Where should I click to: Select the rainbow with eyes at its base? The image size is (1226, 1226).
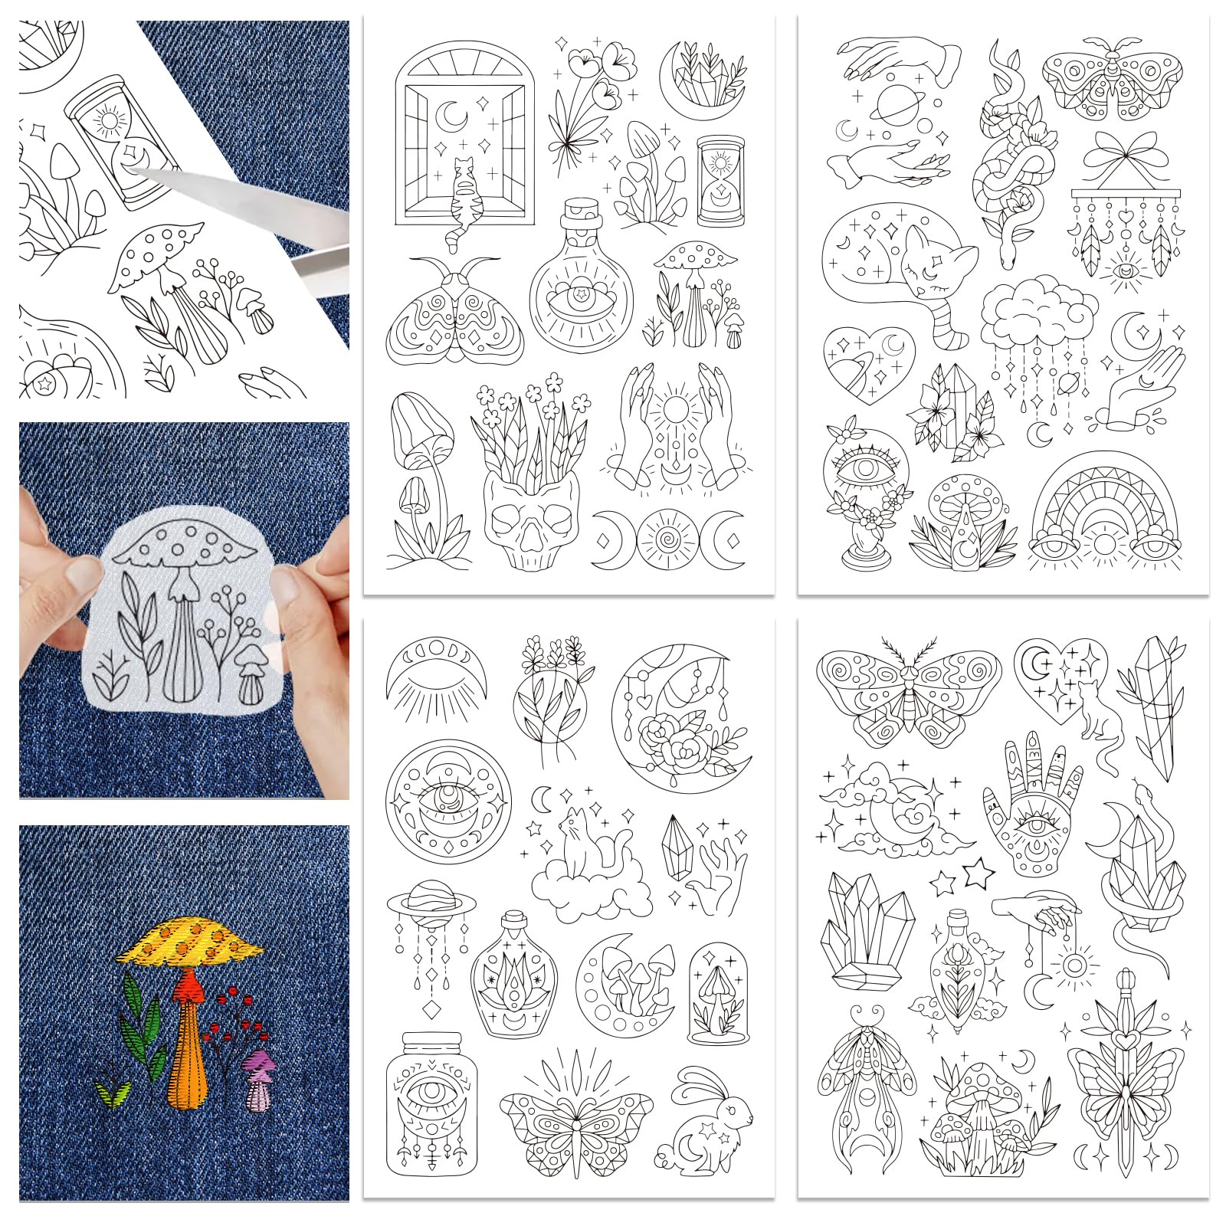[1104, 517]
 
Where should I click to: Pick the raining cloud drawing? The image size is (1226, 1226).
[1038, 322]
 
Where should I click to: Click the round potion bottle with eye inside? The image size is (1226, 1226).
[582, 287]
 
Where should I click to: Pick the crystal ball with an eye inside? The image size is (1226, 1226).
[860, 490]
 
